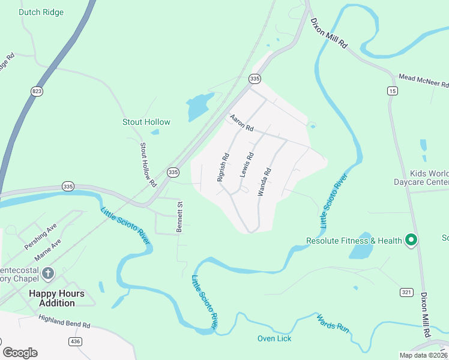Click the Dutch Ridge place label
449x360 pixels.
click(x=41, y=12)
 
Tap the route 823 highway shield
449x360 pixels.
click(x=37, y=91)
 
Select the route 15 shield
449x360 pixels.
click(x=393, y=91)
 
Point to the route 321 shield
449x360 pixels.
click(x=406, y=292)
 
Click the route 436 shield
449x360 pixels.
click(x=75, y=341)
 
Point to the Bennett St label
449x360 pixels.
click(x=179, y=217)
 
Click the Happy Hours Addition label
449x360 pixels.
click(x=57, y=298)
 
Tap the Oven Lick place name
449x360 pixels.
click(x=274, y=338)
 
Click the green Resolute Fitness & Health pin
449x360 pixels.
click(x=411, y=241)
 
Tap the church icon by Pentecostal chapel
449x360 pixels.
click(x=48, y=274)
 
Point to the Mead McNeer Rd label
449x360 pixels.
click(x=423, y=81)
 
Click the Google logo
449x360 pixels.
click(x=20, y=353)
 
